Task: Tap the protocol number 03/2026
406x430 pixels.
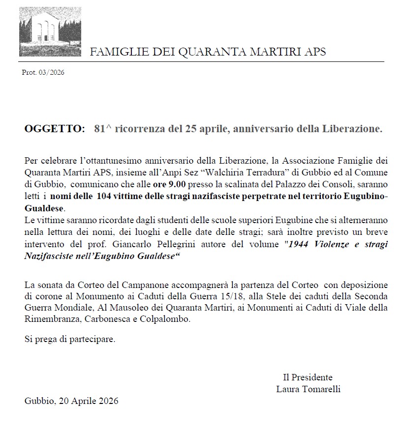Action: (x=52, y=73)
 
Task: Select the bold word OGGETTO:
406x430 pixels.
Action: (x=55, y=129)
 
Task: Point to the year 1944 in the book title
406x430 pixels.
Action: (x=299, y=244)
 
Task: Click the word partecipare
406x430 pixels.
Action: (x=91, y=340)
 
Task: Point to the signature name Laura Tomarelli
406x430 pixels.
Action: (x=309, y=389)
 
